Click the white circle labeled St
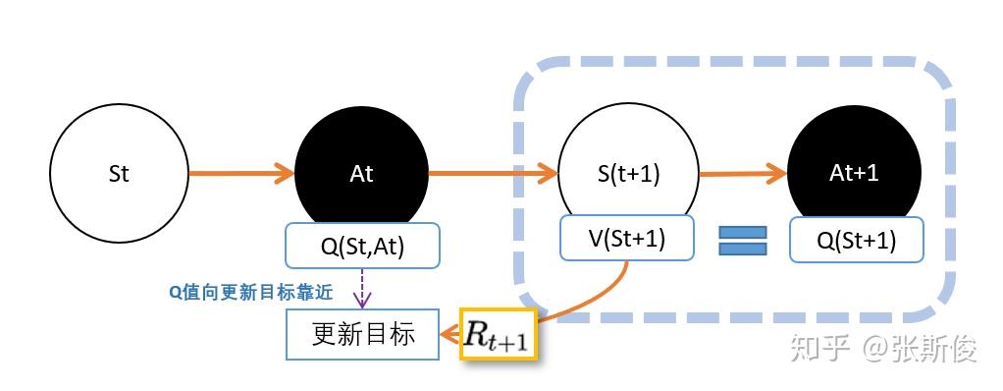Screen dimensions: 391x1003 coord(119,175)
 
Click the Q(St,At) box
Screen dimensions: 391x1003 coord(362,246)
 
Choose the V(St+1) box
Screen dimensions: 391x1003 coord(626,239)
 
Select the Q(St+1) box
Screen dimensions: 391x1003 coord(856,240)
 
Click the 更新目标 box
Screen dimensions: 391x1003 coord(362,334)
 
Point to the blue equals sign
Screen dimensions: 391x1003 coord(742,241)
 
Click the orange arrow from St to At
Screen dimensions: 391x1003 coord(240,175)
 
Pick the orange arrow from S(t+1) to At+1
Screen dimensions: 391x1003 coord(743,175)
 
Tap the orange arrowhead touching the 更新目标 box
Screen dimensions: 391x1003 coord(449,335)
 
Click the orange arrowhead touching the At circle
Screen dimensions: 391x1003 coord(285,175)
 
